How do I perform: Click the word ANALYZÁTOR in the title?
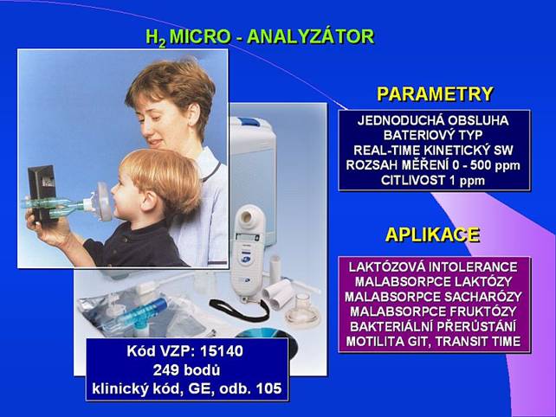311,37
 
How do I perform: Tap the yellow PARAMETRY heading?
435,94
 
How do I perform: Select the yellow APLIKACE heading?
432,234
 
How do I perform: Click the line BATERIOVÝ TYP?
433,135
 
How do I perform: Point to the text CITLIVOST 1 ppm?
433,181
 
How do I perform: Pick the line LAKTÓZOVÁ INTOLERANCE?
433,266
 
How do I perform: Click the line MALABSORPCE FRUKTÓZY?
433,311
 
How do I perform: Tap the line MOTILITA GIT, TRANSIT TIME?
433,342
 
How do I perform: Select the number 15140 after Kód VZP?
222,351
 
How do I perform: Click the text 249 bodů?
186,370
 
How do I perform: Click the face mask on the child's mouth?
102,202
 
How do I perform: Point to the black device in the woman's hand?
42,192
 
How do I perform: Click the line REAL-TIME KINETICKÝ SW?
433,151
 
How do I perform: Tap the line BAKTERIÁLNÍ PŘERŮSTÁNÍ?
433,327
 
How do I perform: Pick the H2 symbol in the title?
156,38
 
